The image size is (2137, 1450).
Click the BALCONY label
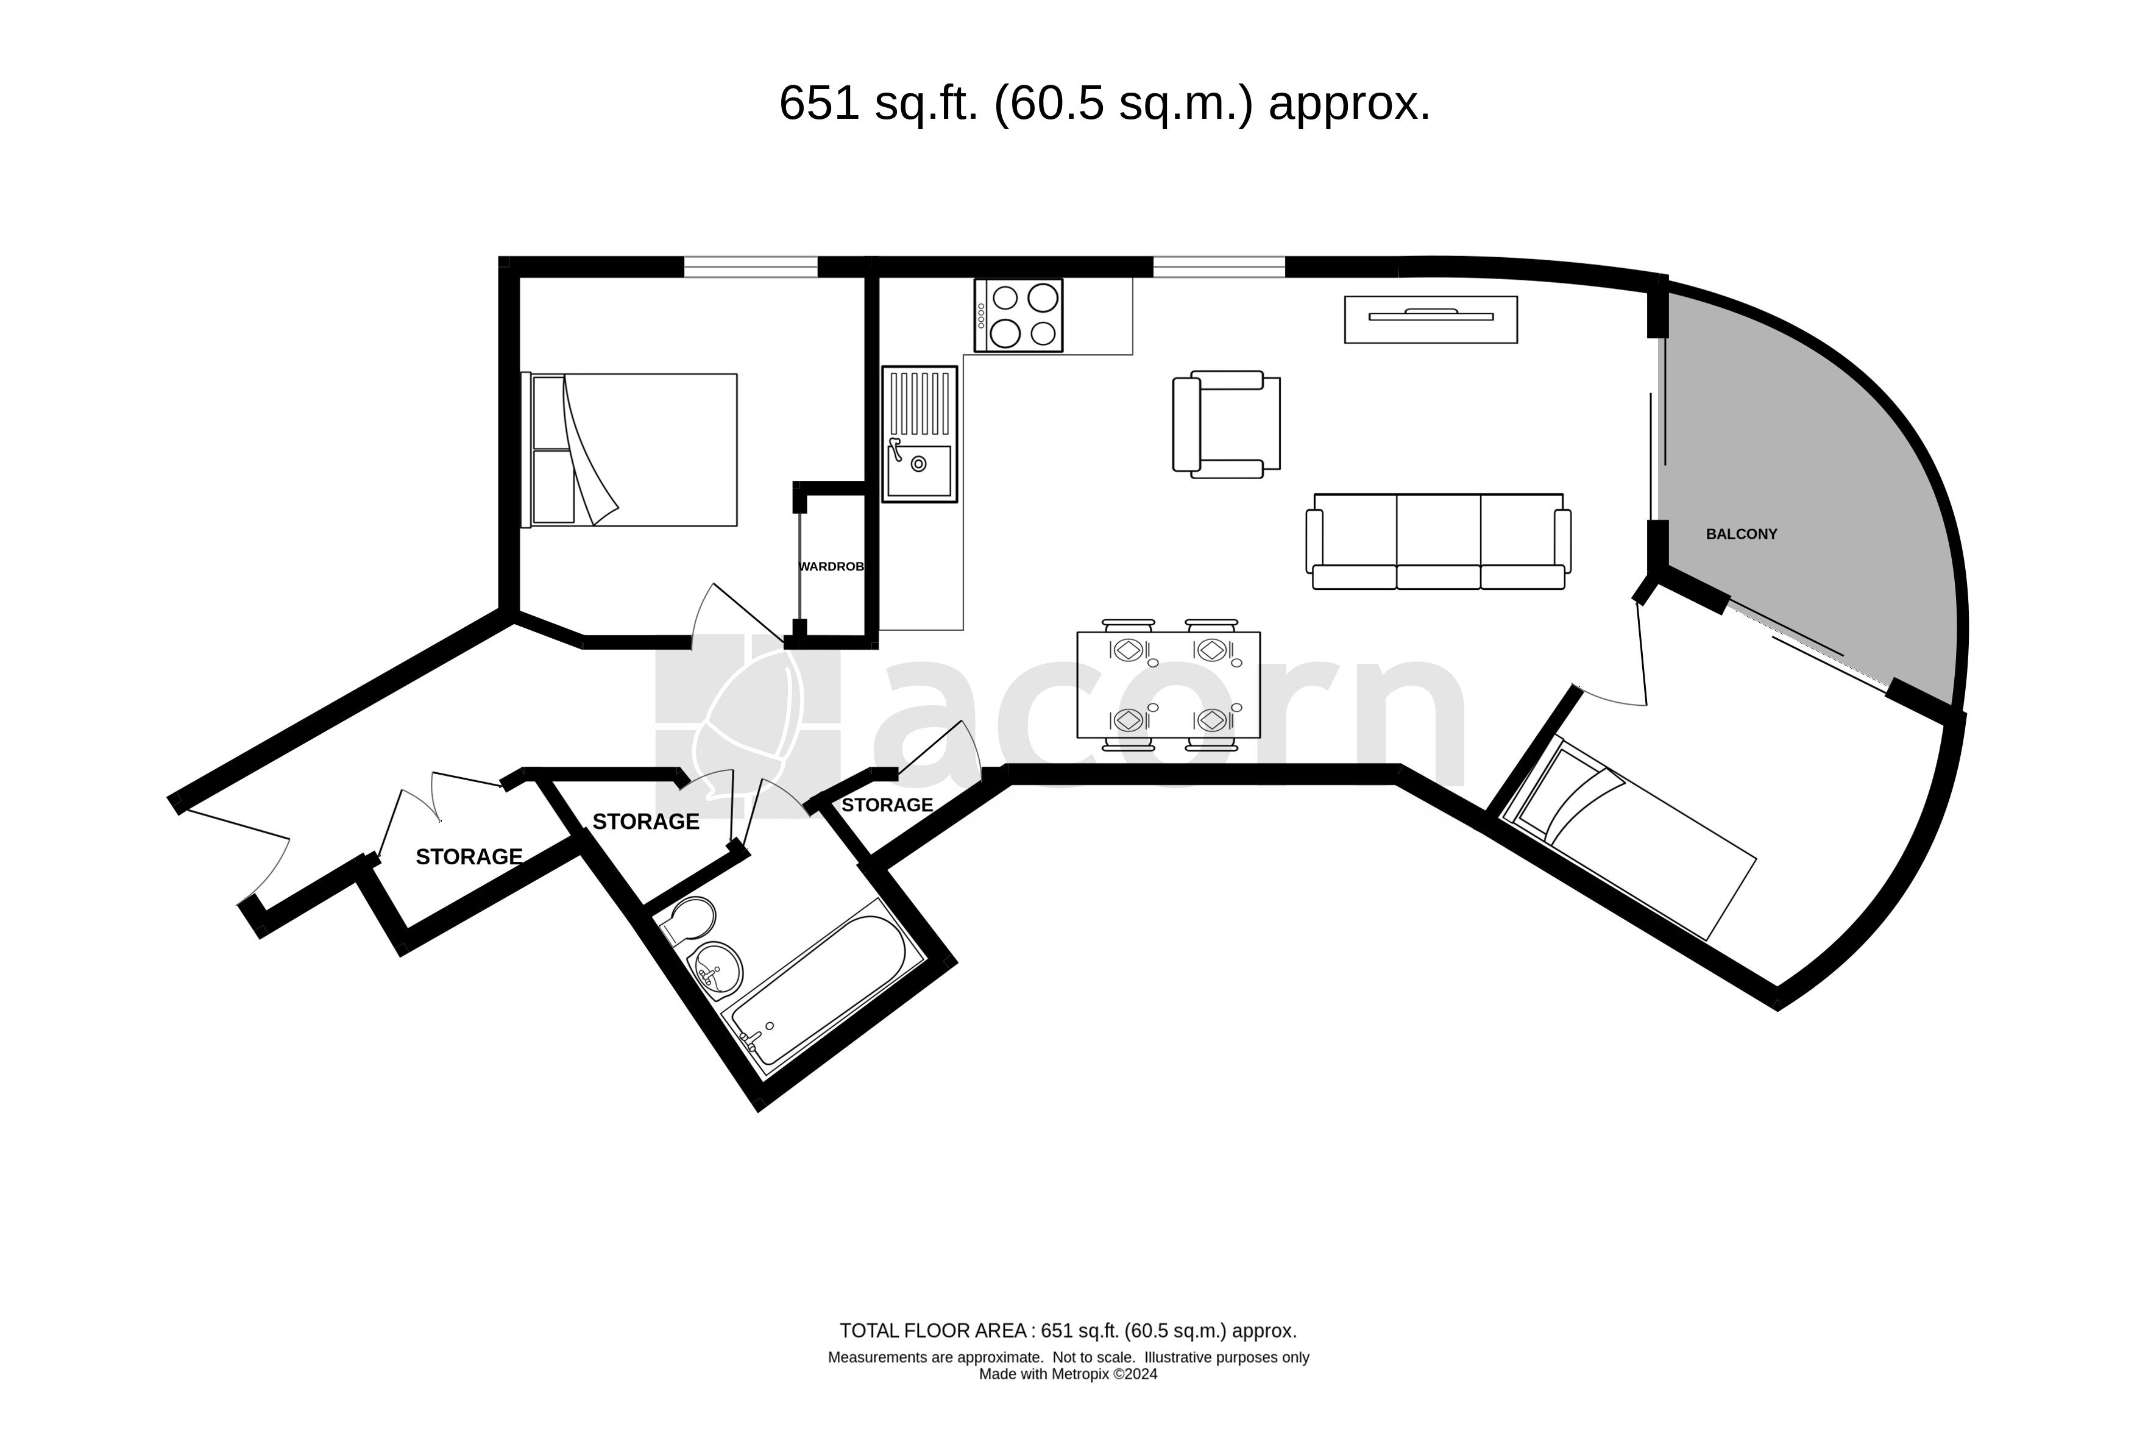tap(1741, 534)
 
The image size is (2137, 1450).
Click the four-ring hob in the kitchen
tap(1018, 315)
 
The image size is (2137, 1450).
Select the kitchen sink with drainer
tap(919, 434)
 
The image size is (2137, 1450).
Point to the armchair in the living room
tap(1226, 425)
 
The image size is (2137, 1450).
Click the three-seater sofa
tap(1438, 542)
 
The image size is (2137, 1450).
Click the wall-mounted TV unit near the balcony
tap(1430, 319)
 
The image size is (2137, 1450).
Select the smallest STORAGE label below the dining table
tap(887, 805)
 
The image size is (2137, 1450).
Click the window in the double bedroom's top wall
tap(750, 266)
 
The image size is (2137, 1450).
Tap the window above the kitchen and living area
tap(1218, 266)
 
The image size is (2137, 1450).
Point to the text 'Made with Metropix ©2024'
tap(1068, 1374)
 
